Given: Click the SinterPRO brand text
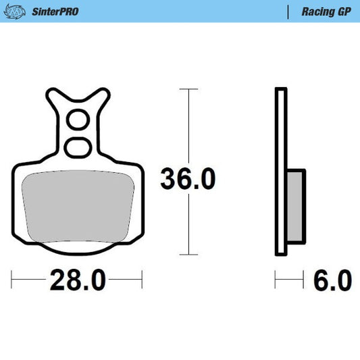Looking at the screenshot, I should tap(55, 11).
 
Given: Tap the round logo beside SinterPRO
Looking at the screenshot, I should tap(20, 11).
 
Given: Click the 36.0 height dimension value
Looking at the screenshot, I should tap(187, 180).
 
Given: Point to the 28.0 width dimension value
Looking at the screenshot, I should tap(77, 279).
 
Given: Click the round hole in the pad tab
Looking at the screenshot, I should tap(77, 123).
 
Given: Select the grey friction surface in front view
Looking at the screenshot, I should tap(76, 206).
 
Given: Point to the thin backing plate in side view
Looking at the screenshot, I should tap(280, 172).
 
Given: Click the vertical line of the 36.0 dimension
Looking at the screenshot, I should tap(187, 135).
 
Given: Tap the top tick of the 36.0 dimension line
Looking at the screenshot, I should tap(187, 88).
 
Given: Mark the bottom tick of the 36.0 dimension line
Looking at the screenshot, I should tap(187, 255).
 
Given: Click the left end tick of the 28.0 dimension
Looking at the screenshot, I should tap(13, 278).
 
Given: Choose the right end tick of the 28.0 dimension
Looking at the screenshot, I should tap(141, 278).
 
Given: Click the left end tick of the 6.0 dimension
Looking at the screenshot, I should tap(275, 278).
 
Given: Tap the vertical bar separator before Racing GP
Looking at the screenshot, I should tap(288, 11).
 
